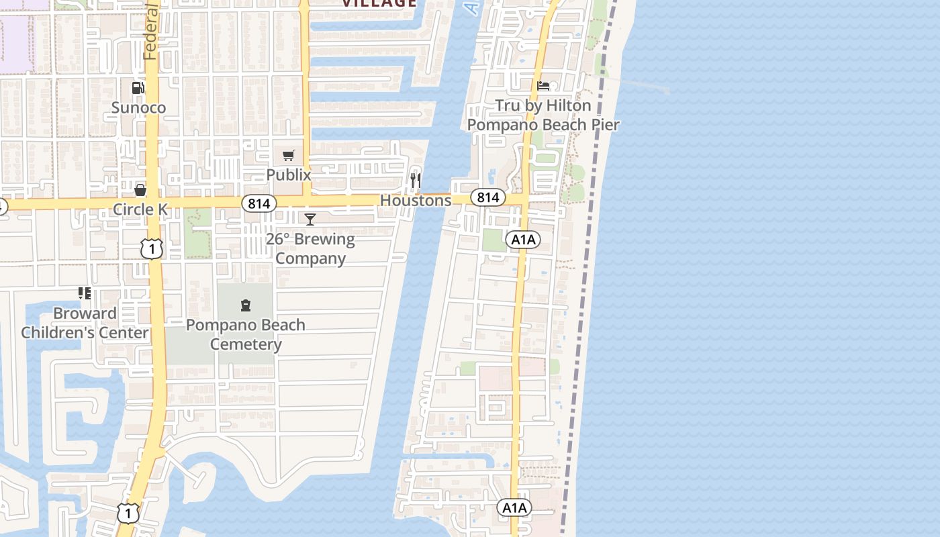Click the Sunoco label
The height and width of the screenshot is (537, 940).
[x=138, y=107]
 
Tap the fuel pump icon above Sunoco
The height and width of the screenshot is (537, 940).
[x=138, y=87]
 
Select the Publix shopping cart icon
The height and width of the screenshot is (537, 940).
[x=289, y=156]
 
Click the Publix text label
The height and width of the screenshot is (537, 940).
[x=289, y=175]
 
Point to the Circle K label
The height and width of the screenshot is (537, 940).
[x=140, y=209]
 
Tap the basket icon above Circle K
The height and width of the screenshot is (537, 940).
[x=140, y=190]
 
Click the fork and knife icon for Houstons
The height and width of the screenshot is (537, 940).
[x=416, y=180]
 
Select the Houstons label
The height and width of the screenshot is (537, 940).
[x=416, y=200]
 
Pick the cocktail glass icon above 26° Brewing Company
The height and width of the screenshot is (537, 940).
[x=310, y=219]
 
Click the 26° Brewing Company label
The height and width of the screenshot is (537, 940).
[x=310, y=248]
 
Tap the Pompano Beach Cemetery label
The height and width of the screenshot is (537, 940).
[x=246, y=334]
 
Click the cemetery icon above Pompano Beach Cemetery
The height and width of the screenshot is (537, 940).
[x=246, y=305]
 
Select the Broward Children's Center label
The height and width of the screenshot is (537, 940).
[x=85, y=323]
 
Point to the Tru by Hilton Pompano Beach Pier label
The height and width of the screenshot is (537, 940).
[x=543, y=115]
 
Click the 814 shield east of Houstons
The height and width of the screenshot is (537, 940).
[x=488, y=197]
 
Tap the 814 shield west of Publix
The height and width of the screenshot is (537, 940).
[x=259, y=203]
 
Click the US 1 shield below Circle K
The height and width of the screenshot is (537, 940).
[x=152, y=249]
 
